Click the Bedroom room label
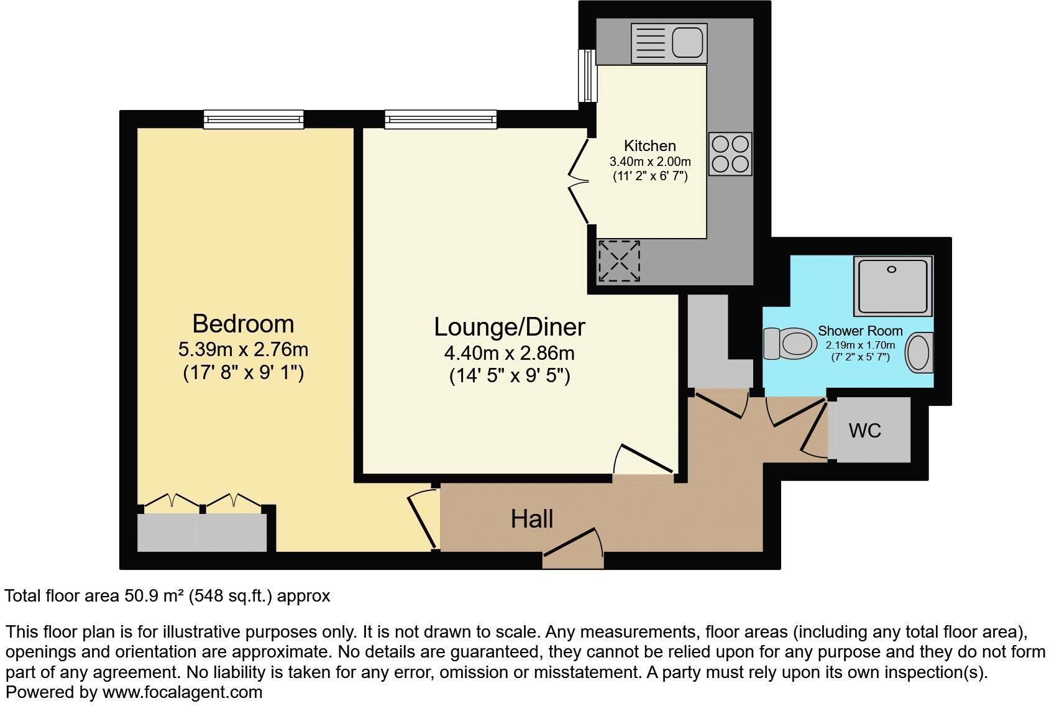click(x=242, y=324)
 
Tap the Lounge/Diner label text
click(x=509, y=327)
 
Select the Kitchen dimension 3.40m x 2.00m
click(x=649, y=162)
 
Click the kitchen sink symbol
click(x=669, y=43)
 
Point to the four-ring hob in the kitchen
click(x=730, y=154)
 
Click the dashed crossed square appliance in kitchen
click(x=619, y=261)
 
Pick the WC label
click(x=864, y=430)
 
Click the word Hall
click(x=532, y=519)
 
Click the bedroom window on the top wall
click(x=254, y=119)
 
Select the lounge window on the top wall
click(x=441, y=119)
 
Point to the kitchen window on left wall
click(x=586, y=76)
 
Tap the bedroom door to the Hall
click(x=423, y=520)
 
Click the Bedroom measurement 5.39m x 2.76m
click(x=243, y=350)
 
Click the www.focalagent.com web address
click(x=182, y=692)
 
